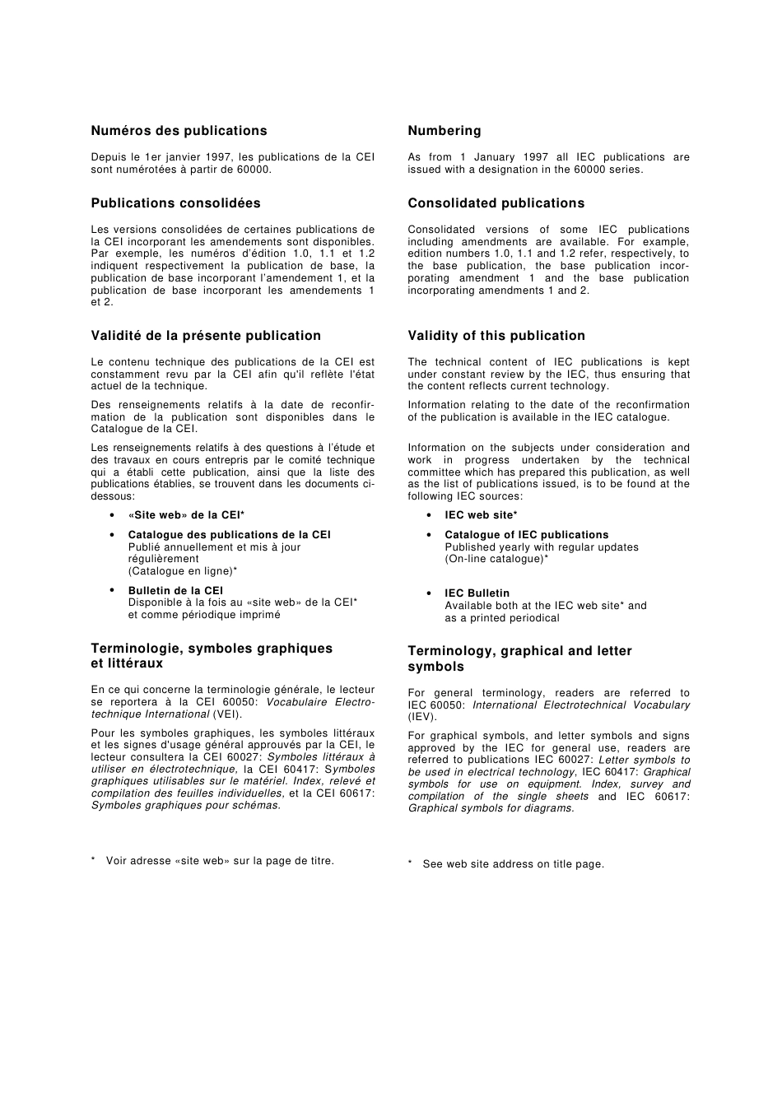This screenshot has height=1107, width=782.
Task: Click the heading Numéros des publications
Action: click(x=179, y=131)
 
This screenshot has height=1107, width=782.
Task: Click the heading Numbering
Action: click(x=445, y=131)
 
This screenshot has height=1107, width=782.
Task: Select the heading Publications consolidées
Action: click(x=175, y=203)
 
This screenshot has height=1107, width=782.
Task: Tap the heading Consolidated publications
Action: click(x=496, y=203)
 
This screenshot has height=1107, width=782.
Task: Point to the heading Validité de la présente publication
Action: click(x=206, y=336)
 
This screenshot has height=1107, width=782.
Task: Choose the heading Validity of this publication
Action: click(x=496, y=336)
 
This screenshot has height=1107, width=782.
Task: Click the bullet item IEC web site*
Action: click(x=481, y=515)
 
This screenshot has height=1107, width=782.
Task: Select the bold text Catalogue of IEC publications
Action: click(x=526, y=535)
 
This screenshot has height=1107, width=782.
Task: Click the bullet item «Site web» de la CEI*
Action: click(x=186, y=515)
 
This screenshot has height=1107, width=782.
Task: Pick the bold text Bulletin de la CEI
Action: click(x=175, y=591)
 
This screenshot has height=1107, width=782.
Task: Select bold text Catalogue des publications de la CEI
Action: click(x=229, y=535)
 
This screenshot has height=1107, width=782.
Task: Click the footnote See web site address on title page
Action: click(x=513, y=864)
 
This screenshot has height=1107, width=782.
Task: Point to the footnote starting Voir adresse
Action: click(x=220, y=861)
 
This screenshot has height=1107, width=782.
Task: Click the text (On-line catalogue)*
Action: click(x=496, y=559)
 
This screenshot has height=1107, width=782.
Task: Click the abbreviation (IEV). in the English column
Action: click(x=422, y=718)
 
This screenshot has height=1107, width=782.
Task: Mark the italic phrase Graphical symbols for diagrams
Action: click(x=491, y=808)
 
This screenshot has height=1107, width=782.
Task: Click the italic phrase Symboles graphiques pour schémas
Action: click(x=185, y=806)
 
